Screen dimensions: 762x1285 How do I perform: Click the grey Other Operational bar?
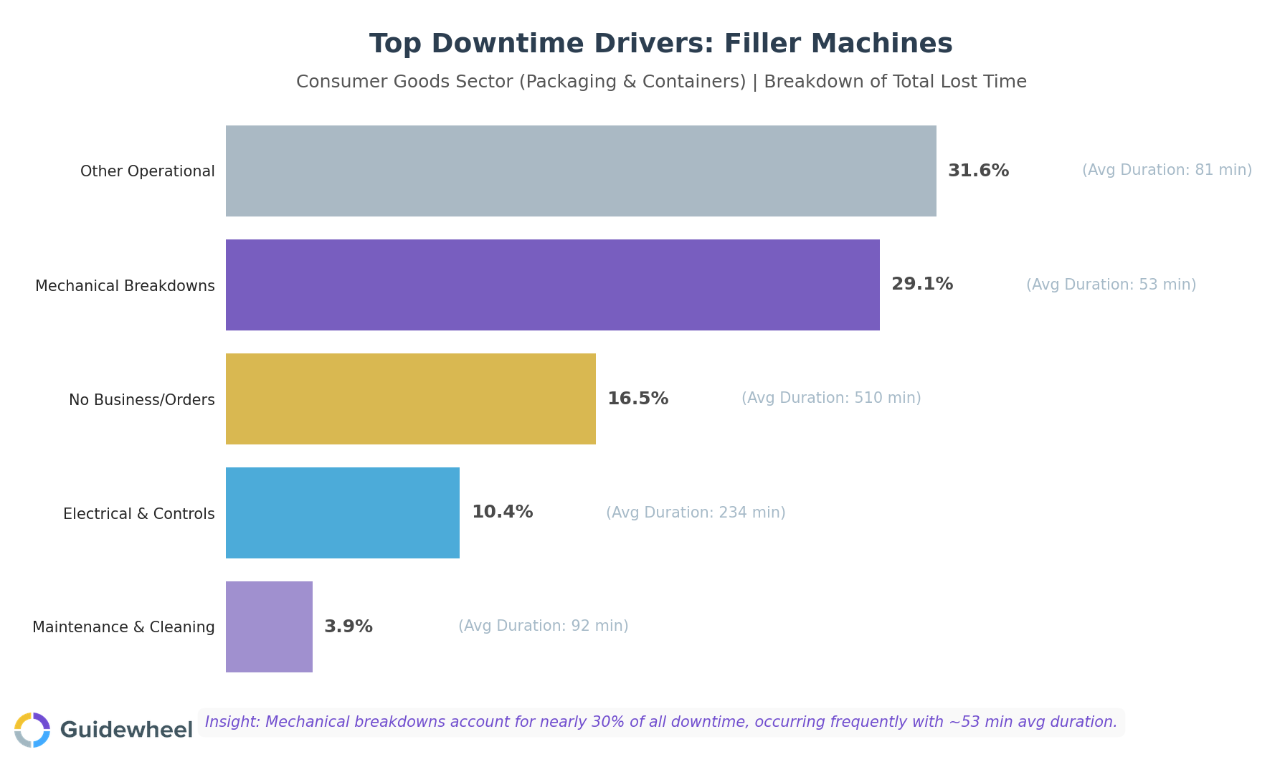pos(581,171)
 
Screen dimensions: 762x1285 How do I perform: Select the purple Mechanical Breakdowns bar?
pos(552,285)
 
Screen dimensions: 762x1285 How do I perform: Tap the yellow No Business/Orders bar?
pos(410,399)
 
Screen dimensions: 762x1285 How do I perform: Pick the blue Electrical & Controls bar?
pos(342,513)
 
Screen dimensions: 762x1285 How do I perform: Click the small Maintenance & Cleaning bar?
pos(269,627)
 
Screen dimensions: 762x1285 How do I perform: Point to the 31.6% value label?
pos(978,171)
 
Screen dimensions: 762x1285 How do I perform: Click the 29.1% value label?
pos(921,284)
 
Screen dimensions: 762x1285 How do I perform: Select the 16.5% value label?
pos(637,399)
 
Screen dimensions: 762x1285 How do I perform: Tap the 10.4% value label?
pos(502,512)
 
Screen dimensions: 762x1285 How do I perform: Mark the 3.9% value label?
pos(348,627)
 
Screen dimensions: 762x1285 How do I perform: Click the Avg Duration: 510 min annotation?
pos(830,398)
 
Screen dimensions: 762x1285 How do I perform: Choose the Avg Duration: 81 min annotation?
pos(1166,170)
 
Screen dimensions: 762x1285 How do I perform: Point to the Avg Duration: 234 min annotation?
pos(695,513)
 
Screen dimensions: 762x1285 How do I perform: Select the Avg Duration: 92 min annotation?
pos(543,626)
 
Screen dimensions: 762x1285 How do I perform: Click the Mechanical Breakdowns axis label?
pos(125,286)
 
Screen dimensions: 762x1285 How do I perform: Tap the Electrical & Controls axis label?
pos(138,514)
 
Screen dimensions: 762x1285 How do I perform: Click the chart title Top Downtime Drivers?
pos(660,44)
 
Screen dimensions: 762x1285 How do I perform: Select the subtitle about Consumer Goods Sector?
pos(660,82)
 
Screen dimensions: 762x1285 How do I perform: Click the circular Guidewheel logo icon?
pos(32,730)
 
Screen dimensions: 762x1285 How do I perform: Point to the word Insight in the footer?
pos(232,722)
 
